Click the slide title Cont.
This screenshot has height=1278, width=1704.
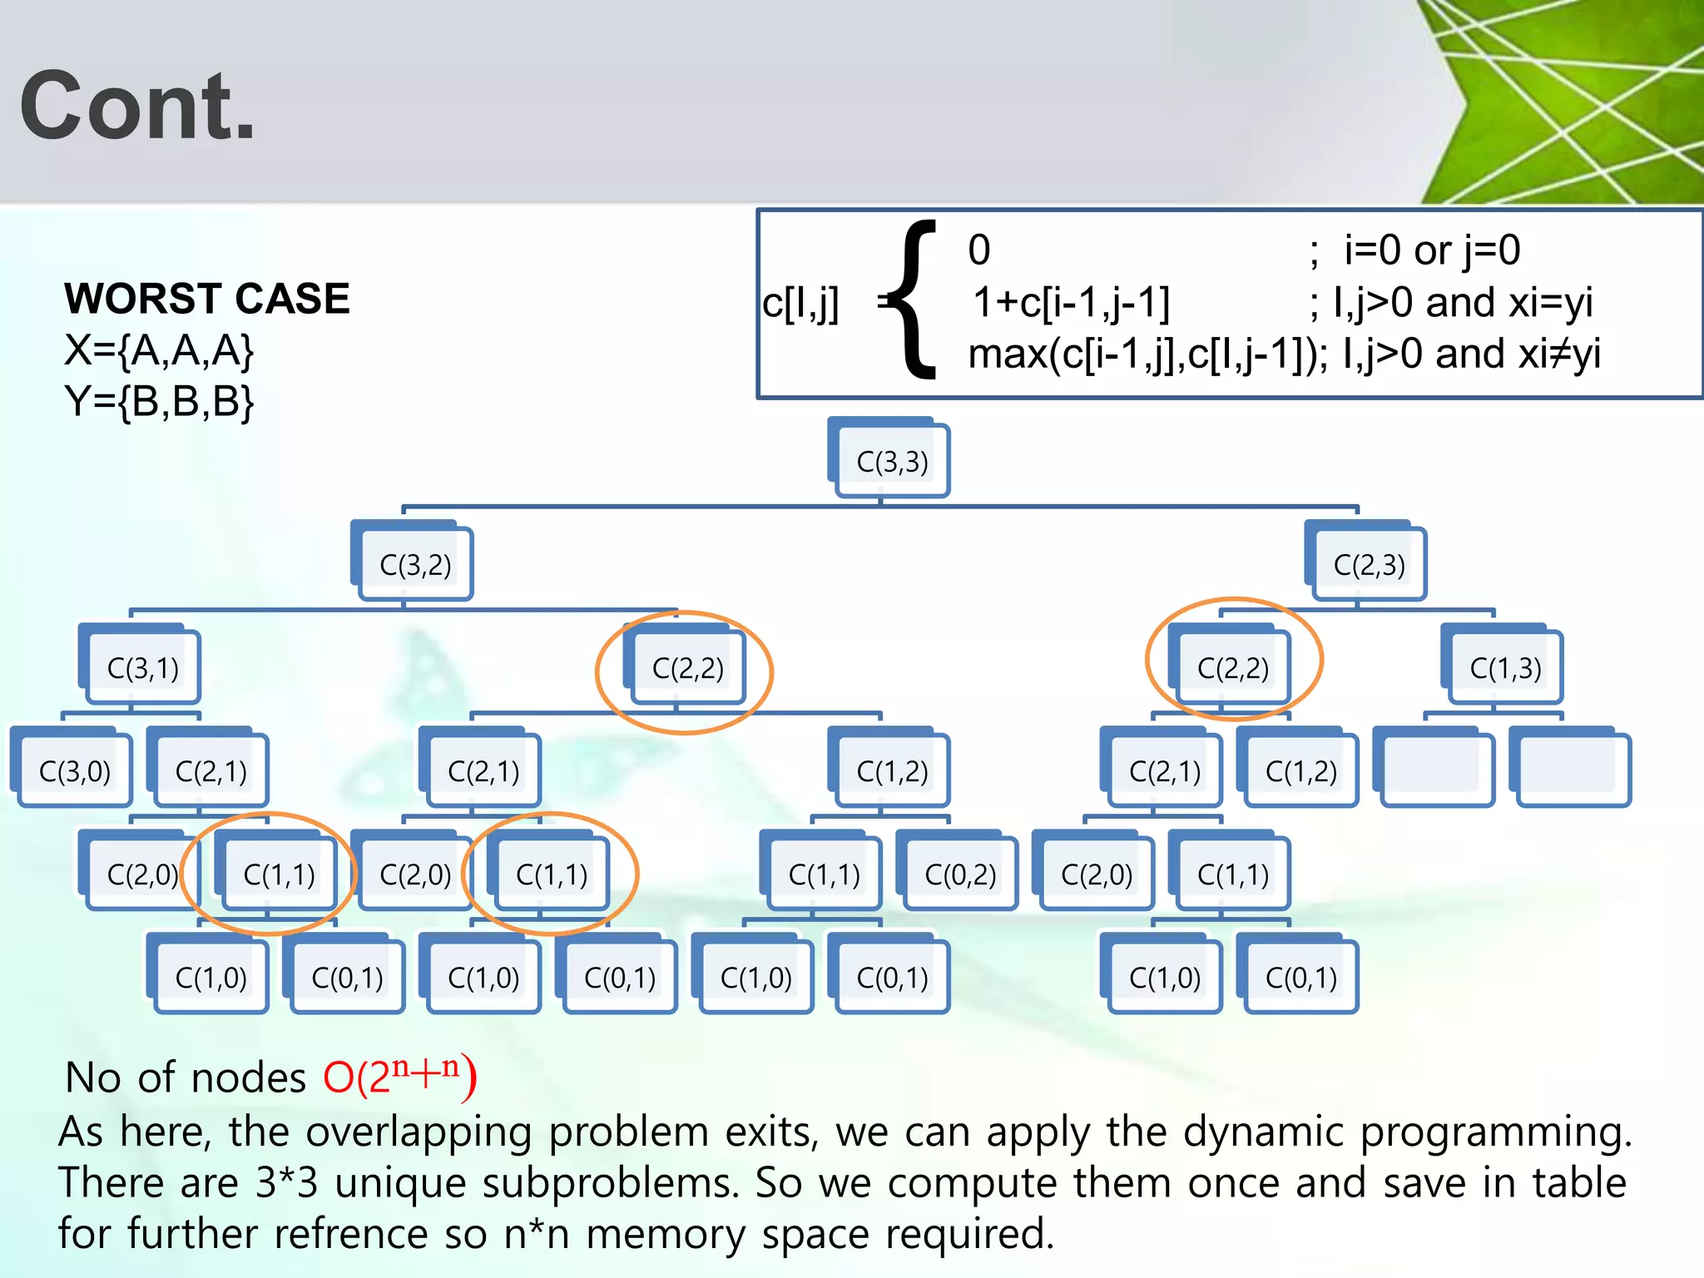137,106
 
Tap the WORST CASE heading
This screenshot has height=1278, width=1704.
207,299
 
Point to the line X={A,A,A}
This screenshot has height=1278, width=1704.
159,350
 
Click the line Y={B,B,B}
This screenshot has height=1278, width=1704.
159,401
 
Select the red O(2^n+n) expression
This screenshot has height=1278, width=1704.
399,1077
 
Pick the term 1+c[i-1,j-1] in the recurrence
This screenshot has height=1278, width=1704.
1071,302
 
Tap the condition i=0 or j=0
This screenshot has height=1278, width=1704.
1431,250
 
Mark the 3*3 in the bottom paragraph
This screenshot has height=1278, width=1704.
286,1183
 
